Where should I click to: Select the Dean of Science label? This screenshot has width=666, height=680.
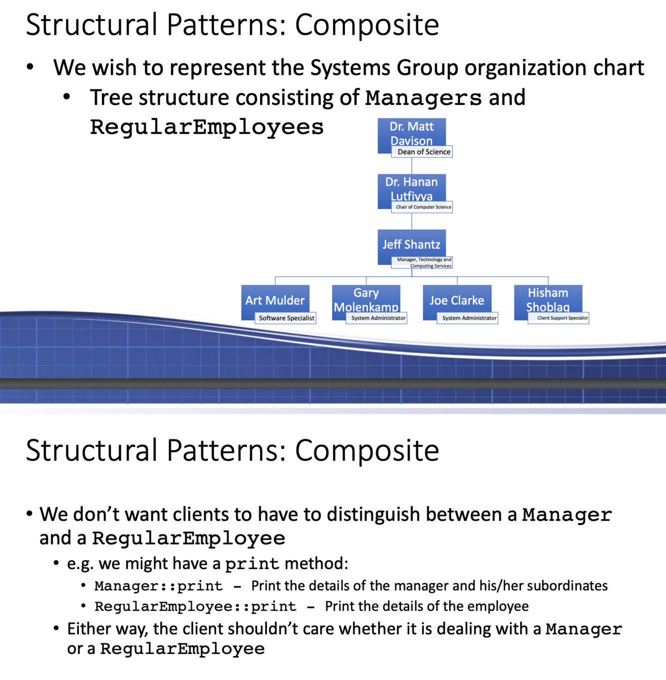(423, 152)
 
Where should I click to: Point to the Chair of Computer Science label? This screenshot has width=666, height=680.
(423, 207)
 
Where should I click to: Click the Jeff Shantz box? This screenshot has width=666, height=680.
(411, 244)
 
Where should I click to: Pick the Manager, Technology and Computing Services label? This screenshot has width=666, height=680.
(423, 263)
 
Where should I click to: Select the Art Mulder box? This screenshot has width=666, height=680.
(275, 300)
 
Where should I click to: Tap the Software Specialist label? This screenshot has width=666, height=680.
(286, 318)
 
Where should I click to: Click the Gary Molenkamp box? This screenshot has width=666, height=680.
(366, 298)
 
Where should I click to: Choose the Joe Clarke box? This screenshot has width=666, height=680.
(457, 300)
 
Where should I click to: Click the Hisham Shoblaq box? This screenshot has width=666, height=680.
(548, 298)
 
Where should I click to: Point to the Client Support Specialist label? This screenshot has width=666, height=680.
(562, 318)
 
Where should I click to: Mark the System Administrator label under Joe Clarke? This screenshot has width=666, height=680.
(469, 318)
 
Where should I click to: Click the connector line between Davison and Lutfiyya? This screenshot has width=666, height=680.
(412, 166)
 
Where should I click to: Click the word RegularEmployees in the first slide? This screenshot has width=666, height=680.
(207, 127)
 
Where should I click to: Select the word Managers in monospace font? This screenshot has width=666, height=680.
(423, 98)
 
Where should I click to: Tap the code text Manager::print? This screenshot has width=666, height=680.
(158, 586)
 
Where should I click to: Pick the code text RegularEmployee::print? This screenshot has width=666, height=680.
(195, 607)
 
